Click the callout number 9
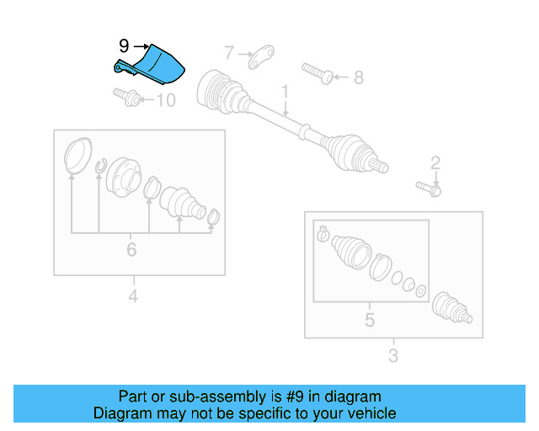click(124, 47)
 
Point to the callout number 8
click(358, 78)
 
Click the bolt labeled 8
click(318, 72)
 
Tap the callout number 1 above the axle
click(286, 90)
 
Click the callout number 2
click(435, 162)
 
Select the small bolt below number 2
click(429, 189)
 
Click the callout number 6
click(131, 250)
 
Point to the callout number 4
click(133, 295)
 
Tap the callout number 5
click(369, 320)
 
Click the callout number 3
click(392, 356)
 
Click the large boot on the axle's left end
click(221, 93)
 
